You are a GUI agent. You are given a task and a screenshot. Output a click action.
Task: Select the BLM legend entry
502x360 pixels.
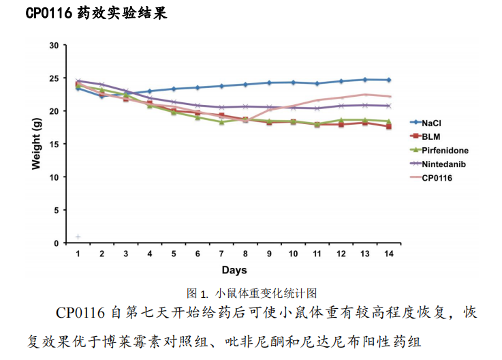pyautogui.click(x=430, y=136)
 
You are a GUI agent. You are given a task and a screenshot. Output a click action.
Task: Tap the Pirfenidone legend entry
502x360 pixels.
pyautogui.click(x=444, y=150)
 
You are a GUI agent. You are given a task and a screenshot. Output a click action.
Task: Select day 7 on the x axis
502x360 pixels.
pyautogui.click(x=221, y=253)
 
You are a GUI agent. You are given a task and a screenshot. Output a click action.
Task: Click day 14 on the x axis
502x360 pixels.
pyautogui.click(x=388, y=253)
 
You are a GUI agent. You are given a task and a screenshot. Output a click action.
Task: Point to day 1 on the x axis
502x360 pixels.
pyautogui.click(x=78, y=253)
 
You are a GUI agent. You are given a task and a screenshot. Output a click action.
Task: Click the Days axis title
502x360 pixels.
pyautogui.click(x=233, y=270)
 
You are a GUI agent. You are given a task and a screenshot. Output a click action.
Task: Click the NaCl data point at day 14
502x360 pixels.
pyautogui.click(x=388, y=80)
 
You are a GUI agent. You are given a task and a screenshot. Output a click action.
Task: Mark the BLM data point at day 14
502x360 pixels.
pyautogui.click(x=388, y=127)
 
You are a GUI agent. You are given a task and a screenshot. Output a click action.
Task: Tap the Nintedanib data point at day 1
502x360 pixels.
pyautogui.click(x=78, y=81)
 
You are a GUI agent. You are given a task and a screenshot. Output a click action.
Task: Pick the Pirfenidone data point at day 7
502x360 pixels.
pyautogui.click(x=221, y=122)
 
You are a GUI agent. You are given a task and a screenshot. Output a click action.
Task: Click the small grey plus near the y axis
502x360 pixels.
pyautogui.click(x=78, y=237)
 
